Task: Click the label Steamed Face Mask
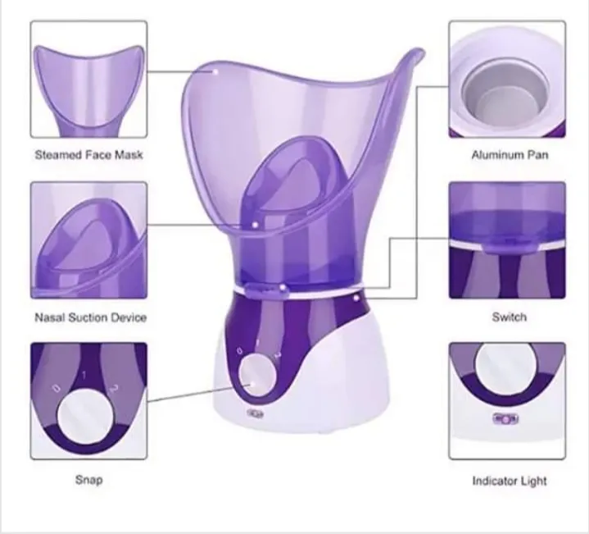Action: pos(88,154)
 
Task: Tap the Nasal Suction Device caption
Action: pos(91,317)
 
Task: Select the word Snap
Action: pos(88,480)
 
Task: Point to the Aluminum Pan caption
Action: pos(510,154)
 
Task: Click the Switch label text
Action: pos(510,317)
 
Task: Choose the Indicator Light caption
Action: pos(510,481)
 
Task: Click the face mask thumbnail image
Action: pos(88,80)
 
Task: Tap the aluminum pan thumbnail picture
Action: pos(507,80)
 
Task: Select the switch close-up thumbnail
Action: pos(507,240)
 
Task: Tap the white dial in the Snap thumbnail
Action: pos(85,417)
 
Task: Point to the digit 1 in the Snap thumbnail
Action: pos(84,375)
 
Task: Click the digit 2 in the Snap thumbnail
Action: pos(113,389)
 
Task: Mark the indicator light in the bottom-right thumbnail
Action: pos(505,418)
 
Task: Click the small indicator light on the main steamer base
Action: pos(256,413)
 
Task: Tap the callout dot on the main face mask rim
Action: pos(215,71)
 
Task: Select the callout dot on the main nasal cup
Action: pos(256,225)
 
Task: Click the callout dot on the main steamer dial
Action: pos(252,385)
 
